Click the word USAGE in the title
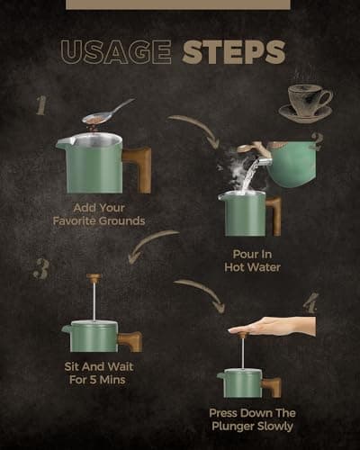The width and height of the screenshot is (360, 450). pyautogui.click(x=116, y=51)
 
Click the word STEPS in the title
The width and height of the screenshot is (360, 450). pyautogui.click(x=234, y=51)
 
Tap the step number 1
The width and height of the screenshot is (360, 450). pyautogui.click(x=41, y=105)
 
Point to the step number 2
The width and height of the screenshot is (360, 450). pyautogui.click(x=317, y=141)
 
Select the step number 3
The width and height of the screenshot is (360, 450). pyautogui.click(x=41, y=269)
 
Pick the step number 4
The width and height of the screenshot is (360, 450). pyautogui.click(x=310, y=303)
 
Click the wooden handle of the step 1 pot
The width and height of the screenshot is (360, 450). pyautogui.click(x=139, y=168)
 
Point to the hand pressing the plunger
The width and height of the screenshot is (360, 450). pyautogui.click(x=273, y=327)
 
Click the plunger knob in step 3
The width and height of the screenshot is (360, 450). pyautogui.click(x=94, y=276)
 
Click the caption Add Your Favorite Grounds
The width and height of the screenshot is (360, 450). pyautogui.click(x=99, y=214)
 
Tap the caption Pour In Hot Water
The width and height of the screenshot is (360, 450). pyautogui.click(x=252, y=261)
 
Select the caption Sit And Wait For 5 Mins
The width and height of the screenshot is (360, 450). pyautogui.click(x=99, y=373)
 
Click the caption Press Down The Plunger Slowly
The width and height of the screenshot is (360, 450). pyautogui.click(x=252, y=419)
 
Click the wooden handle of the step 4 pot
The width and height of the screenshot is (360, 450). pyautogui.click(x=272, y=387)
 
